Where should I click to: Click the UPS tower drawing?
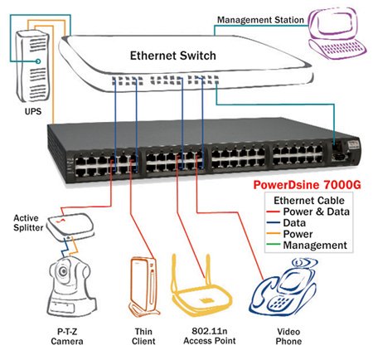(32, 66)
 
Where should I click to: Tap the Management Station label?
(260, 20)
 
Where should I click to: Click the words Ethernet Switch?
(173, 56)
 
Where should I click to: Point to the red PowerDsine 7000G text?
(308, 185)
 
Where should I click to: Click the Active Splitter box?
(70, 226)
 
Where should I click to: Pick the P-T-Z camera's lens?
(64, 271)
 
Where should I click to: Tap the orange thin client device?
(143, 287)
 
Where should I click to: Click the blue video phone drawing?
(283, 288)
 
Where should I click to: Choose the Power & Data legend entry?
(308, 212)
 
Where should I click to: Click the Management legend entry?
(307, 246)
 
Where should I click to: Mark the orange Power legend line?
(274, 234)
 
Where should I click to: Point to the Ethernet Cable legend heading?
(309, 201)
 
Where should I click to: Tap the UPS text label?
(33, 111)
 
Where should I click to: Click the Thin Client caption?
(143, 336)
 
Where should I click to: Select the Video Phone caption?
(288, 336)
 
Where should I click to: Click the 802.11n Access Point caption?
(210, 336)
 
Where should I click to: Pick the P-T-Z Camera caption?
(67, 336)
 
